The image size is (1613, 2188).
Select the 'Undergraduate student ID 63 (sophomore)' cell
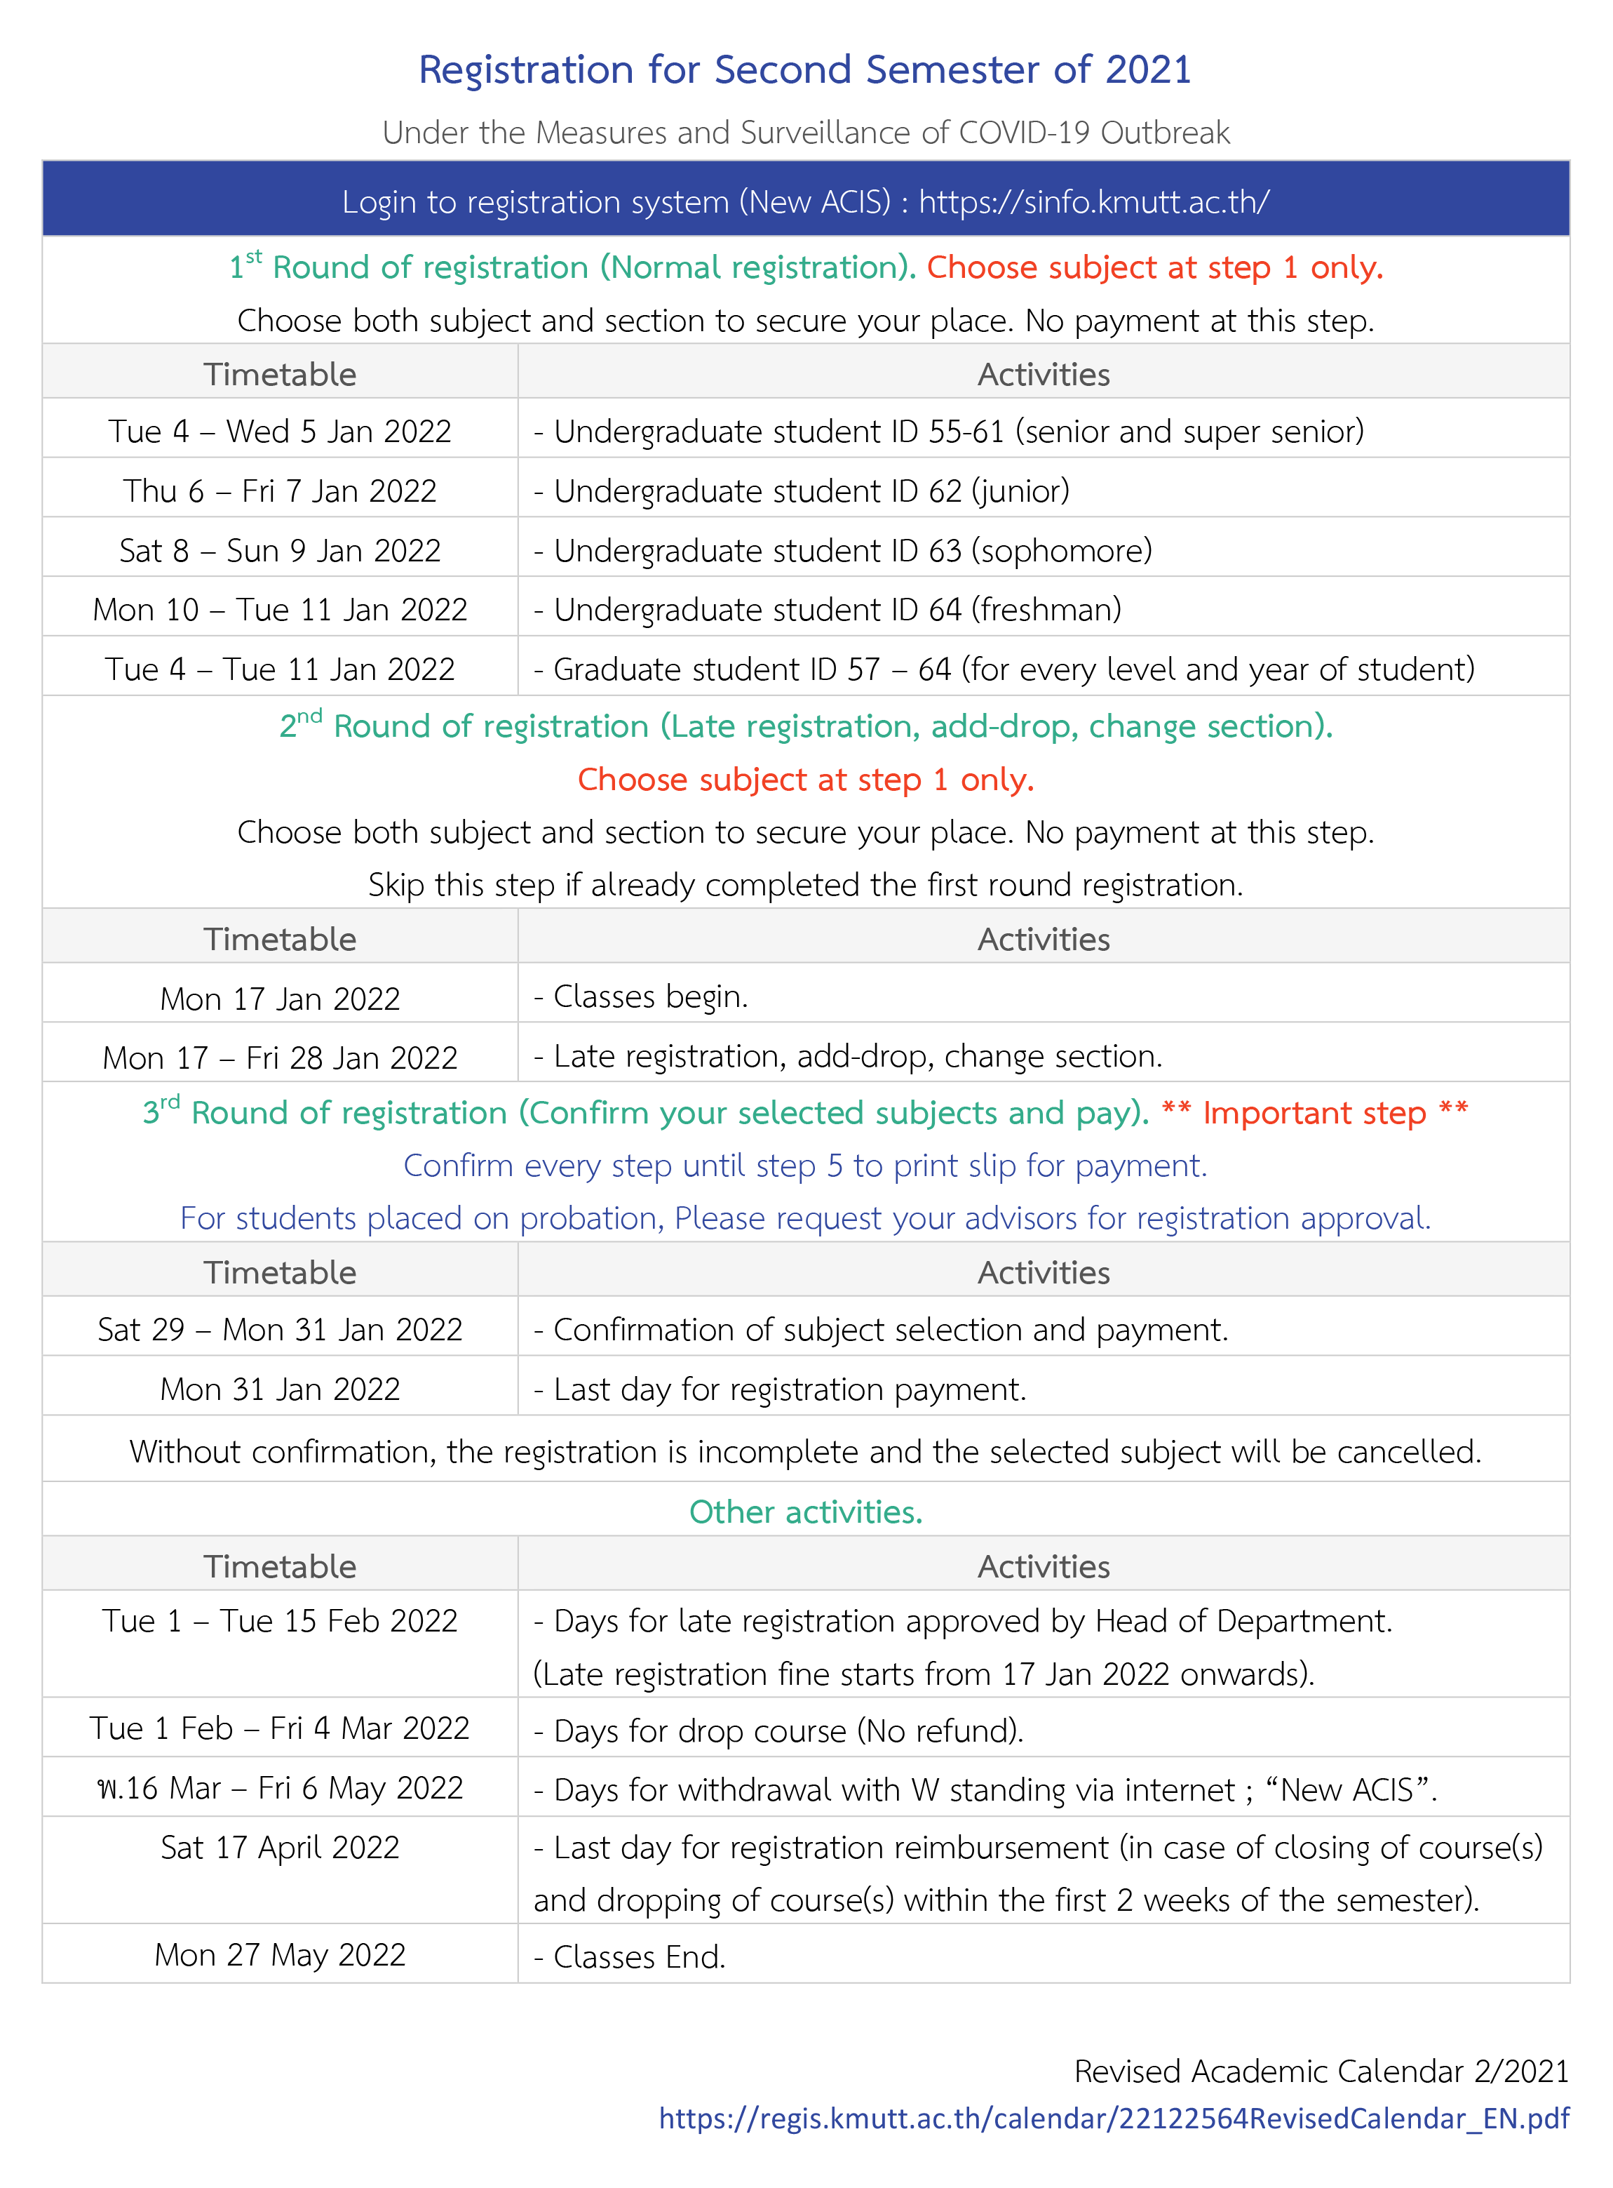point(851,551)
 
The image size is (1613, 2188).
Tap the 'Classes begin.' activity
point(649,997)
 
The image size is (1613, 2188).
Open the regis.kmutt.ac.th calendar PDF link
point(1113,2119)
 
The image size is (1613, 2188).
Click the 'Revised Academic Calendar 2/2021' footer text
point(1320,2071)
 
